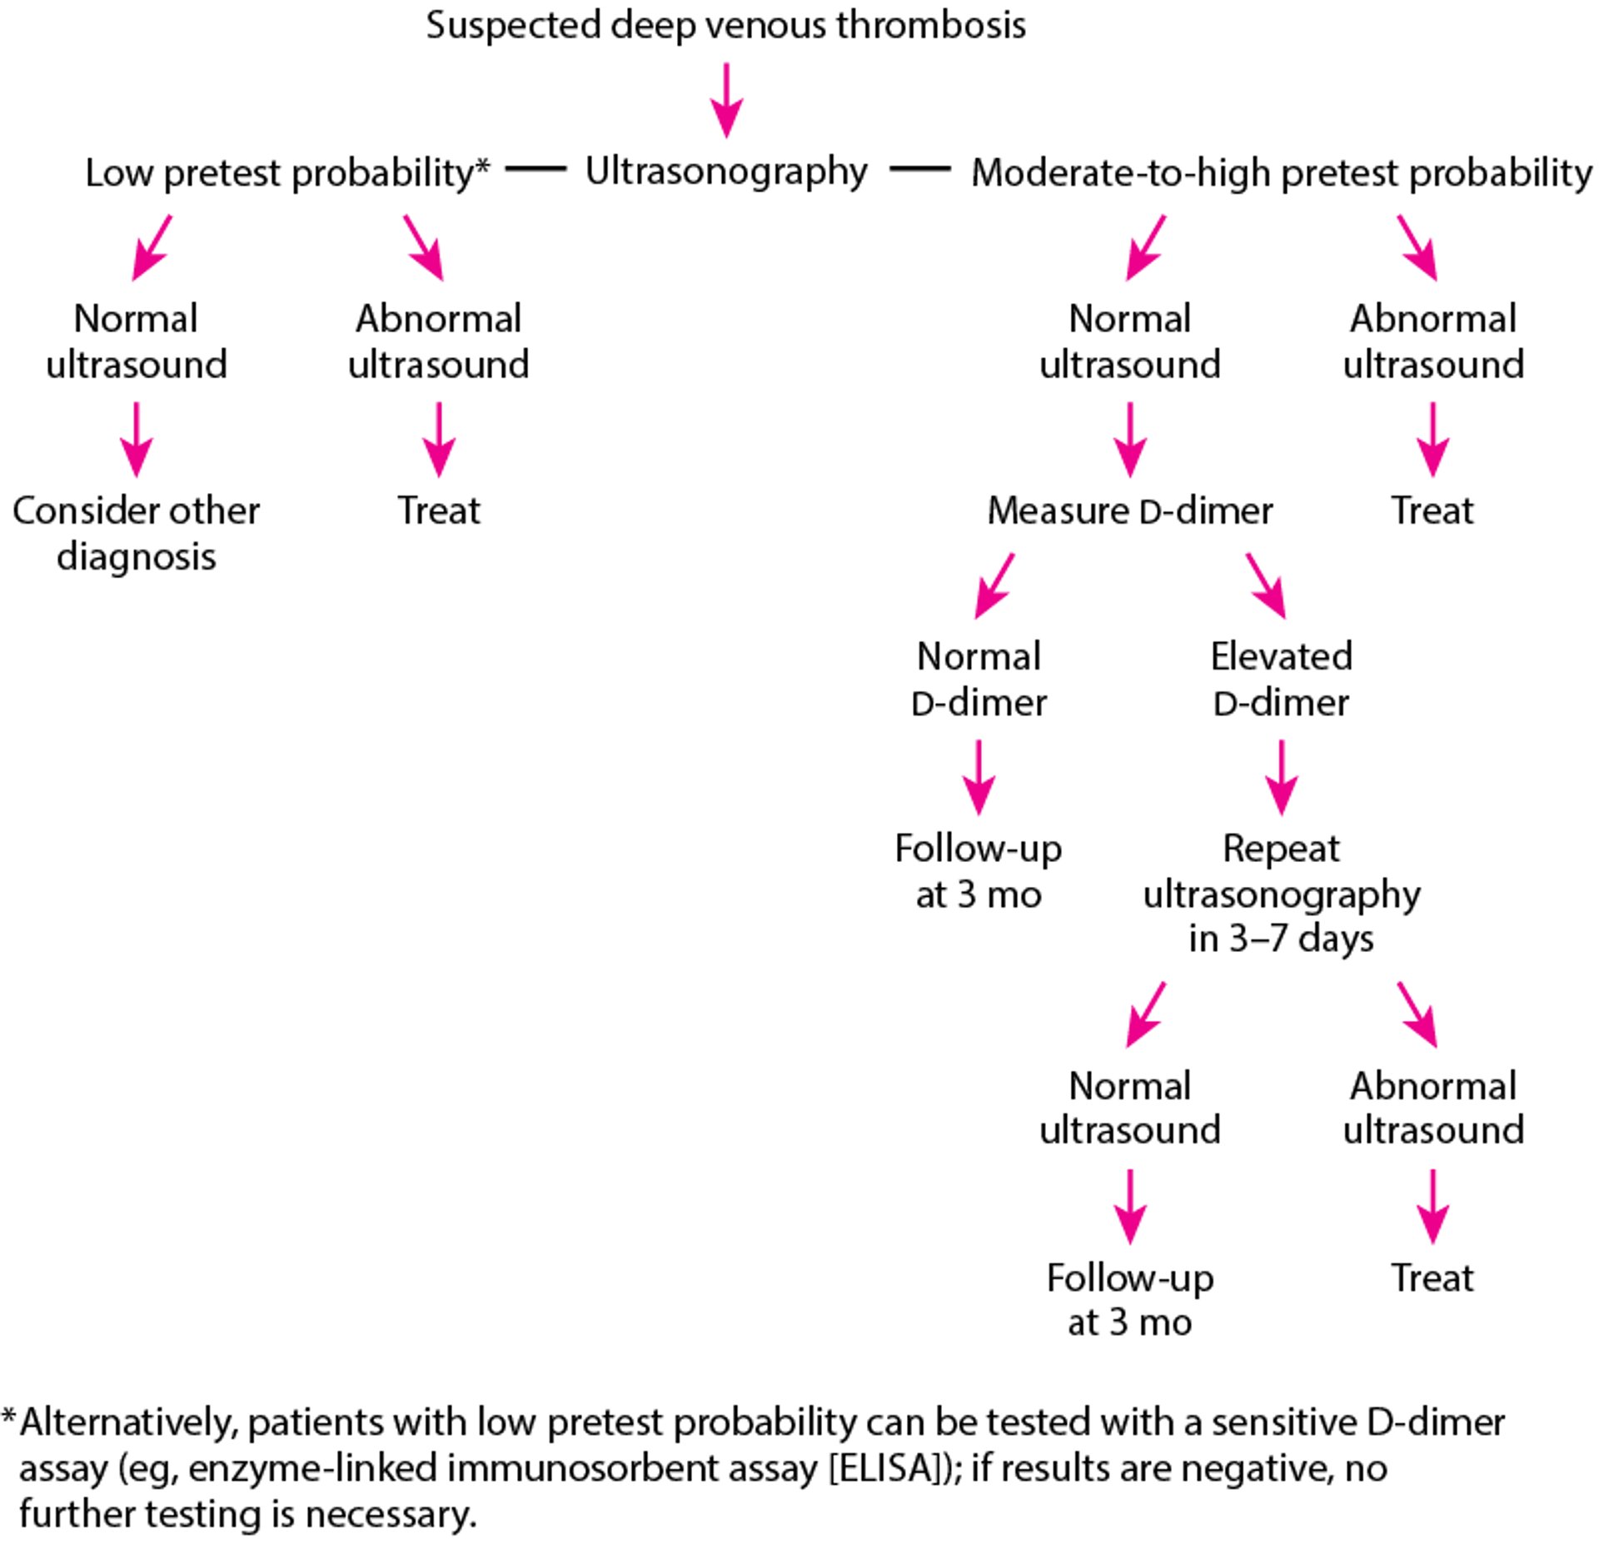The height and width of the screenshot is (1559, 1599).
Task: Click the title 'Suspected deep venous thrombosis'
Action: pyautogui.click(x=725, y=25)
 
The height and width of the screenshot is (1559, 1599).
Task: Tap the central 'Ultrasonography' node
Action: pyautogui.click(x=725, y=172)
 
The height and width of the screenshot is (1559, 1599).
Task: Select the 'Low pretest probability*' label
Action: pyautogui.click(x=287, y=173)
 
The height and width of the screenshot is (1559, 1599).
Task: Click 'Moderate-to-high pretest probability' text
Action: pyautogui.click(x=1281, y=173)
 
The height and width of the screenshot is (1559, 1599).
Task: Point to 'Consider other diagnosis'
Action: pyautogui.click(x=136, y=533)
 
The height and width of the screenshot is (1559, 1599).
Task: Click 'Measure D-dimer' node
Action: pyautogui.click(x=1129, y=511)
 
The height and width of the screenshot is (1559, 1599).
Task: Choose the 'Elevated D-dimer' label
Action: pyautogui.click(x=1281, y=679)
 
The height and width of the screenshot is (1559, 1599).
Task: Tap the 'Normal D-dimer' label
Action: pyautogui.click(x=979, y=679)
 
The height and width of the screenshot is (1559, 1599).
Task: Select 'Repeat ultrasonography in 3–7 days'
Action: pyautogui.click(x=1281, y=894)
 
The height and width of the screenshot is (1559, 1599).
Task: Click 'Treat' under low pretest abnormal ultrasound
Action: pyautogui.click(x=439, y=511)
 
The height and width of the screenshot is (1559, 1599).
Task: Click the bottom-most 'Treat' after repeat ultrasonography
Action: pyautogui.click(x=1432, y=1278)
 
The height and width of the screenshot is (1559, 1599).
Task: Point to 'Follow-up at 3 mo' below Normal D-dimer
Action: pyautogui.click(x=979, y=871)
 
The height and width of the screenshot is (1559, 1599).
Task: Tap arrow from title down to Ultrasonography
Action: pyautogui.click(x=726, y=100)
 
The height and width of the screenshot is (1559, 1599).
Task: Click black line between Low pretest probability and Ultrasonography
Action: pyautogui.click(x=535, y=169)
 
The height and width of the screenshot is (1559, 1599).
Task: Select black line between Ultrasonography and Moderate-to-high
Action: pyautogui.click(x=919, y=169)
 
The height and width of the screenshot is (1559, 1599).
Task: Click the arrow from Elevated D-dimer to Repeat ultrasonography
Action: pyautogui.click(x=1281, y=776)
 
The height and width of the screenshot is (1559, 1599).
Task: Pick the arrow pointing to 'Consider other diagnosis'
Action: pyautogui.click(x=136, y=439)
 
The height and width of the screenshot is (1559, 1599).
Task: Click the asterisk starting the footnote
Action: pyautogui.click(x=9, y=1416)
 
